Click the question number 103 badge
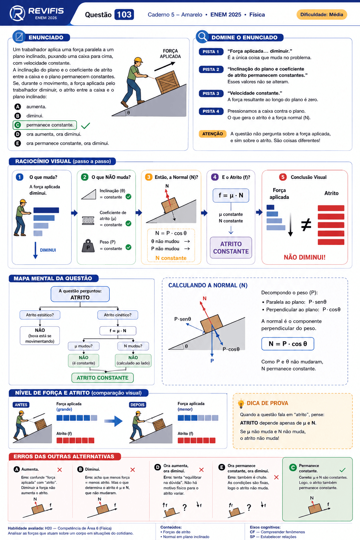[x=124, y=14]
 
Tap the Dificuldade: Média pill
[x=321, y=14]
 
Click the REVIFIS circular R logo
[x=17, y=13]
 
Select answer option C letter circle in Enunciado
[x=18, y=125]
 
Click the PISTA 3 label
[x=211, y=93]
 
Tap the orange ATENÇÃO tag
[x=212, y=134]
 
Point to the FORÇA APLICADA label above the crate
[x=170, y=53]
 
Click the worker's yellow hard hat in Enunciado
[x=138, y=60]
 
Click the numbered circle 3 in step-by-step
[x=148, y=177]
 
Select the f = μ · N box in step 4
[x=231, y=195]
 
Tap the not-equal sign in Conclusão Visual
[x=306, y=225]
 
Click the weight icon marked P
[x=88, y=246]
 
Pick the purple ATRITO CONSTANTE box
[x=231, y=247]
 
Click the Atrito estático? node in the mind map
[x=40, y=315]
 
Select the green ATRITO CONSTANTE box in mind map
[x=102, y=378]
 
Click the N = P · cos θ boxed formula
[x=288, y=344]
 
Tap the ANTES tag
[x=21, y=405]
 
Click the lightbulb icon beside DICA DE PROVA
[x=240, y=404]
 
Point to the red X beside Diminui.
[x=133, y=470]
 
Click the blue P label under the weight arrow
[x=212, y=361]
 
